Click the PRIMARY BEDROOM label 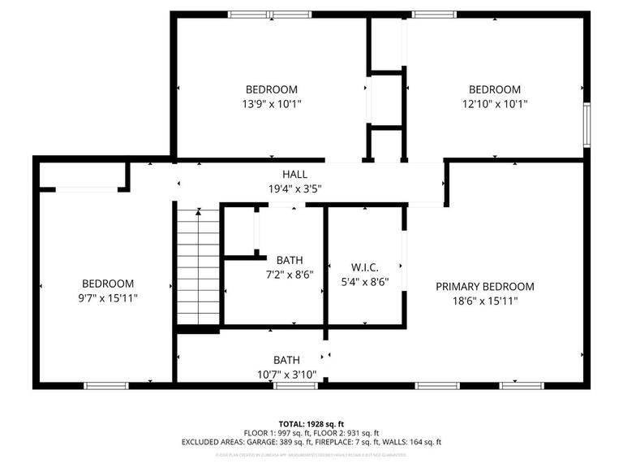point(484,286)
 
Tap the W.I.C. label point(364,267)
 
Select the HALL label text point(294,174)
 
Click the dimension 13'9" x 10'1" point(272,104)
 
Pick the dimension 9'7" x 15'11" point(108,298)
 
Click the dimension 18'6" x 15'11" point(484,301)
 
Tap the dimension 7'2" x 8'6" point(289,275)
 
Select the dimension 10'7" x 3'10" point(286,375)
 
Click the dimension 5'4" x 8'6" point(364,282)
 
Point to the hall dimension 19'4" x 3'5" point(294,188)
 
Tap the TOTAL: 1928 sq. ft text point(311,424)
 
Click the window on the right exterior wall point(586,126)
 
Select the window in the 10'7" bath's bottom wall point(295,385)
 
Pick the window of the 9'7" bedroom point(106,385)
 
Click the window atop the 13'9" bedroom point(260,14)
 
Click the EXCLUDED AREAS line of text point(311,443)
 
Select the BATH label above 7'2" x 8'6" point(289,260)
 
